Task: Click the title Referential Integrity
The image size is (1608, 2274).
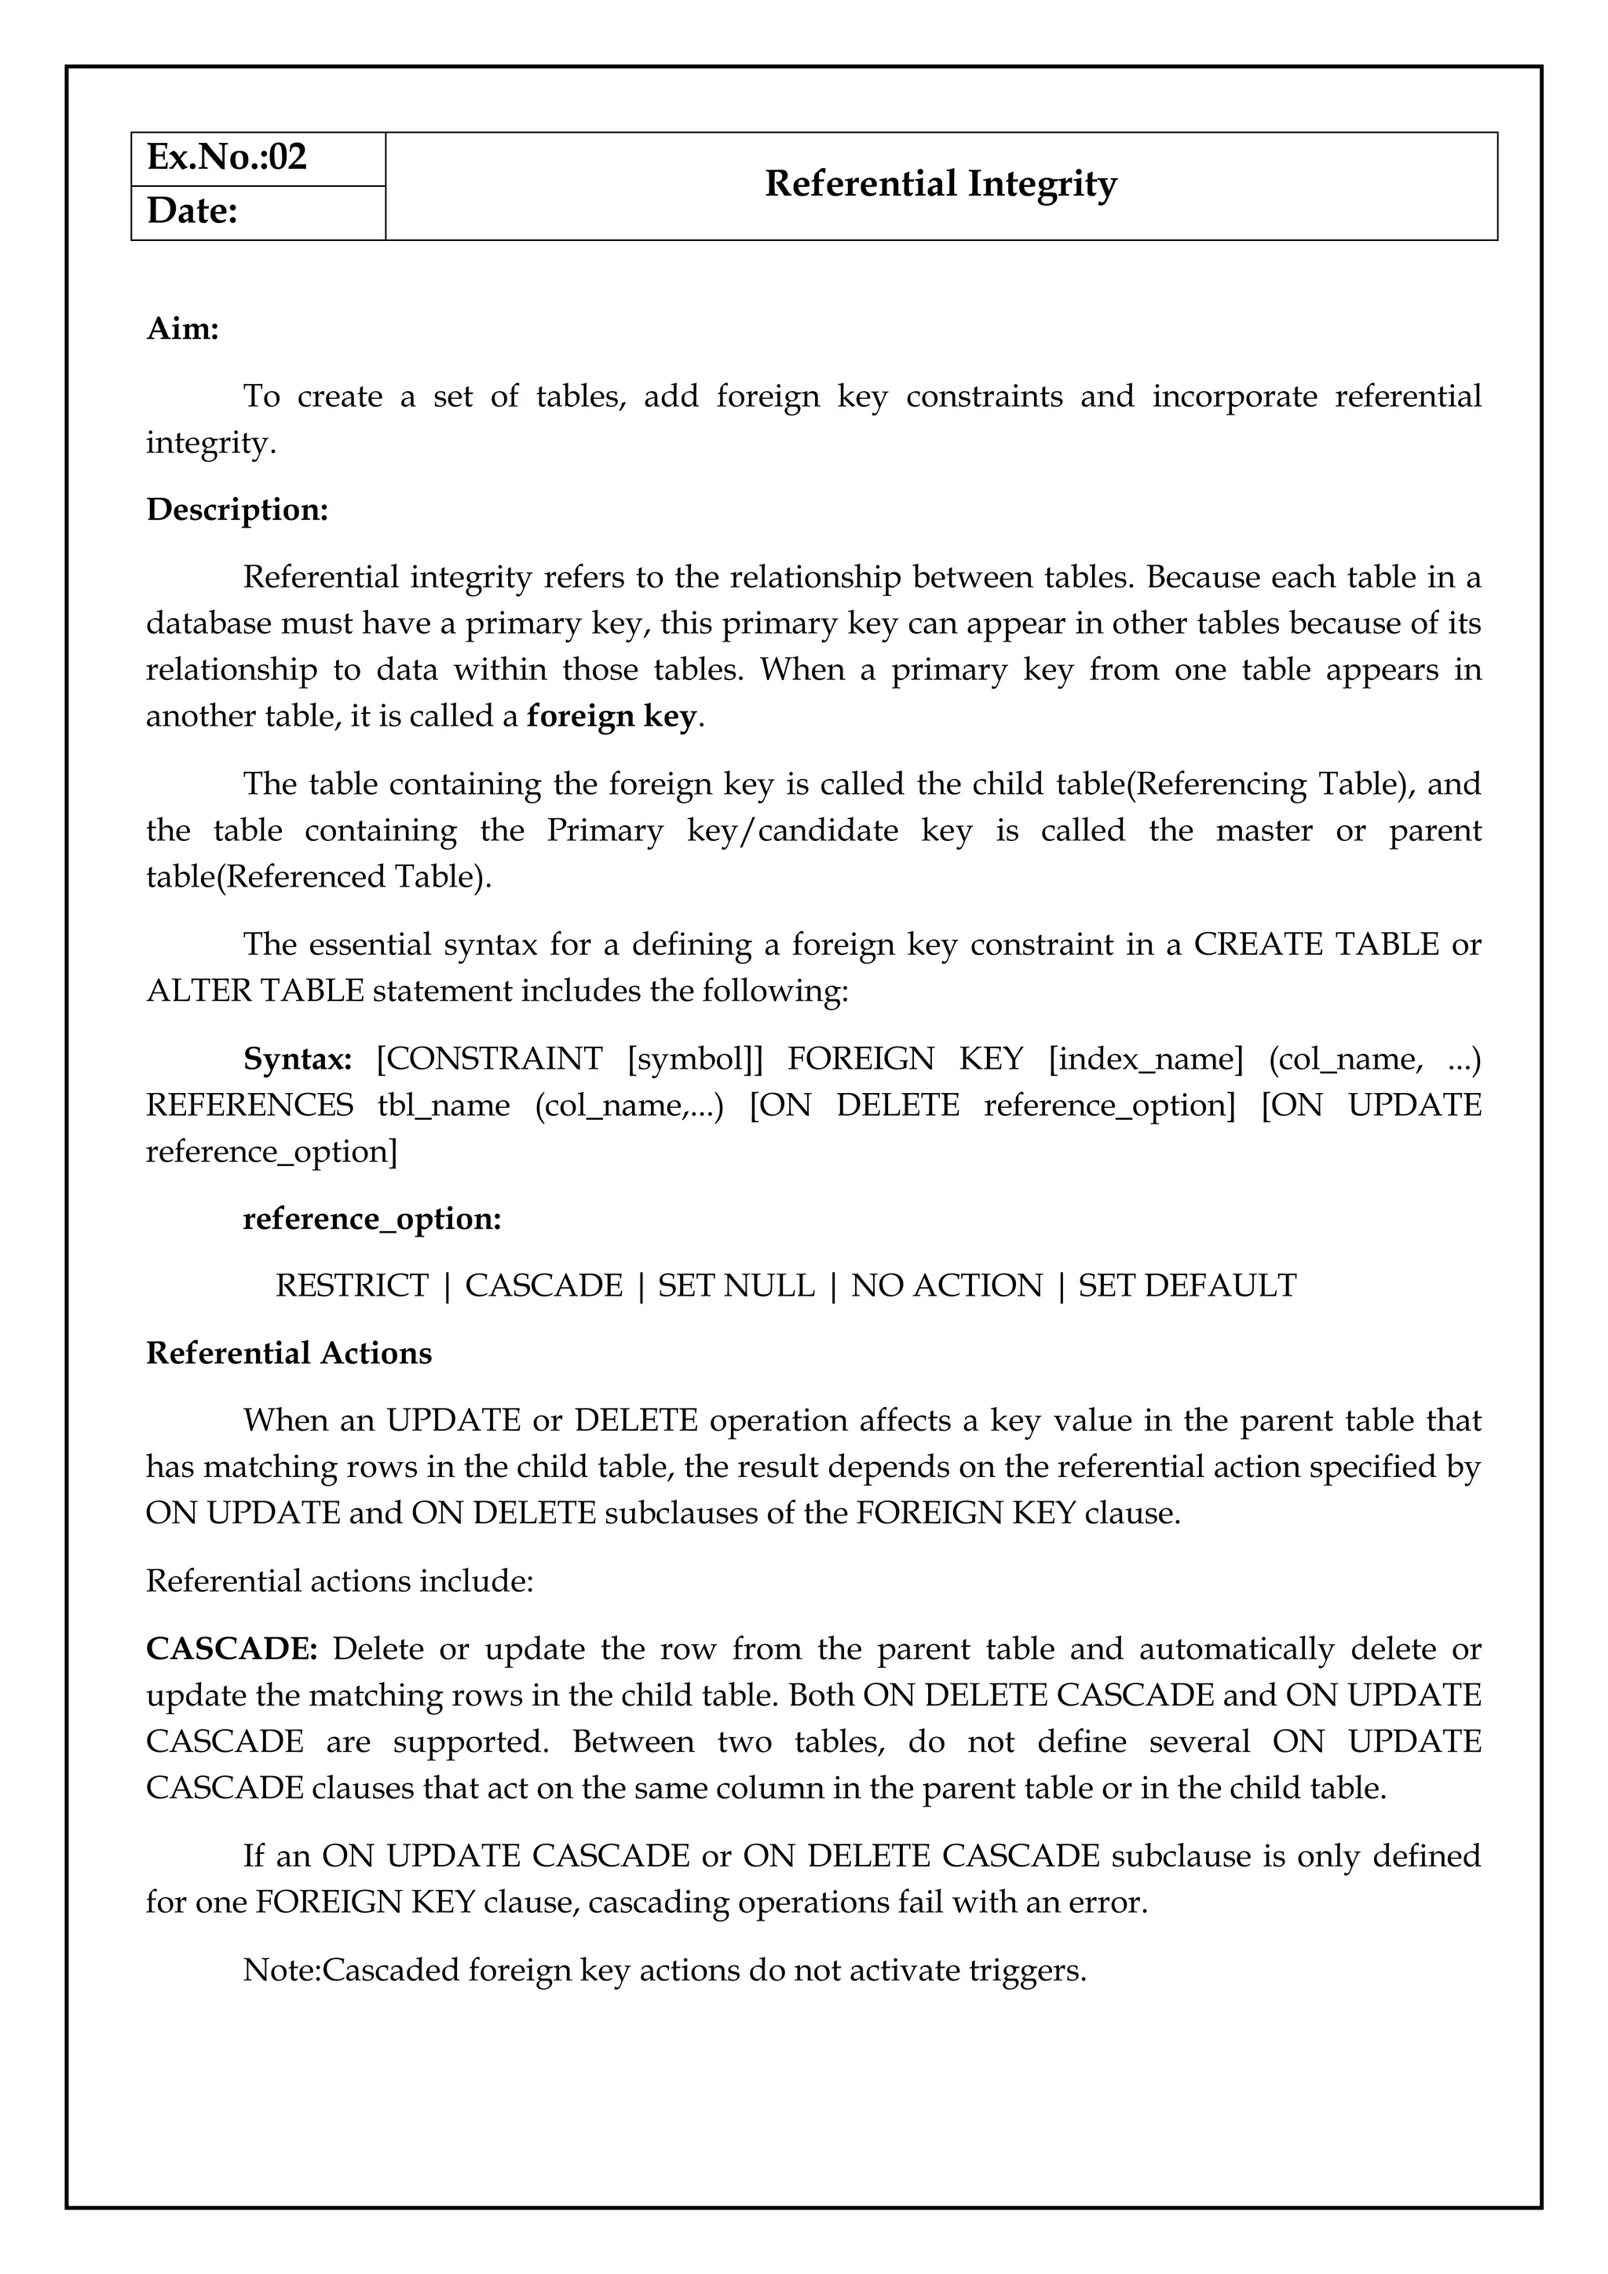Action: tap(941, 185)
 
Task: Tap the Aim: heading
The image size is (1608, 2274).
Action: tap(182, 329)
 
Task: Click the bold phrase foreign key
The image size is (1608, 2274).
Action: tap(612, 716)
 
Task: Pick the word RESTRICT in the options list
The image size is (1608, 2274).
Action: tap(352, 1286)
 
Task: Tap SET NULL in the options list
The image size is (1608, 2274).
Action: tap(736, 1286)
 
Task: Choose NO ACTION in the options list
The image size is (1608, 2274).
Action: tap(947, 1286)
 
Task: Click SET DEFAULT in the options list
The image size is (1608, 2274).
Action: tap(1187, 1286)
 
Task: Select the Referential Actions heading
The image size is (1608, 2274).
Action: tap(289, 1354)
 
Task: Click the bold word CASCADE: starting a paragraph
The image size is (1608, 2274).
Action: tap(232, 1649)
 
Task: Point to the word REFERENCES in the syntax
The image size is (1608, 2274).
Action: tap(250, 1106)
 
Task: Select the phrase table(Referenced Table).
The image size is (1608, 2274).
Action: tap(319, 878)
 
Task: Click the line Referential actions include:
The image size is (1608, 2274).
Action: tap(340, 1581)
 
